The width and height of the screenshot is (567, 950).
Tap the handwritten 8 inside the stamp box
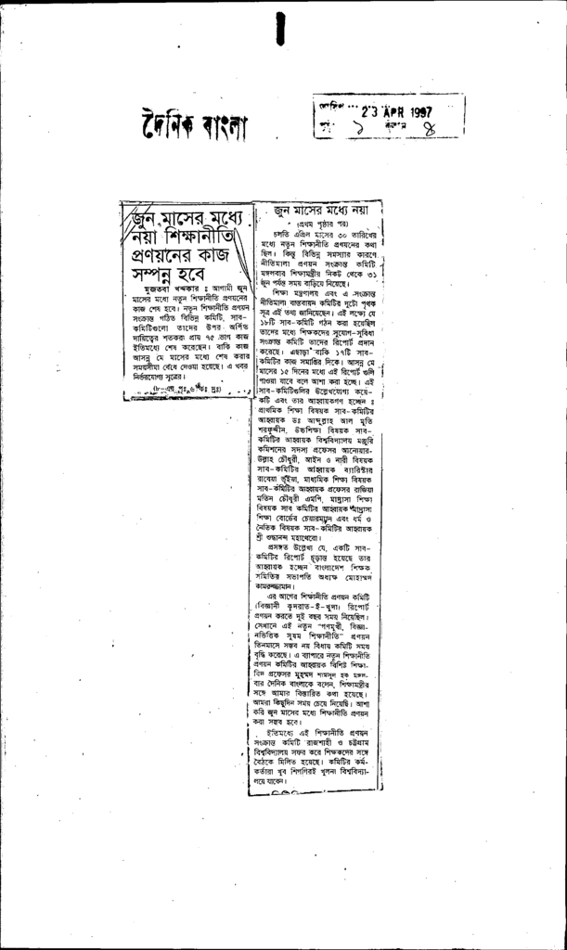[x=430, y=130]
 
